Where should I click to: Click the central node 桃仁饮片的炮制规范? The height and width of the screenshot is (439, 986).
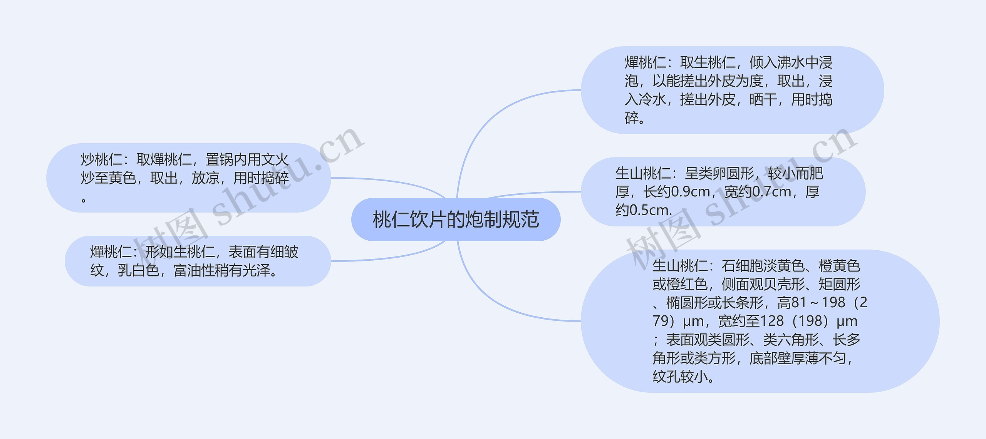[456, 219]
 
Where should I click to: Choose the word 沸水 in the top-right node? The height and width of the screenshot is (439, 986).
[791, 62]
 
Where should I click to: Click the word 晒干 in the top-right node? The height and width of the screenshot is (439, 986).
[763, 100]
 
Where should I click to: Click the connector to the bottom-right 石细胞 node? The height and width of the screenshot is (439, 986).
[501, 304]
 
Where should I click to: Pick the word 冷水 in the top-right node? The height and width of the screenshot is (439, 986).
[652, 100]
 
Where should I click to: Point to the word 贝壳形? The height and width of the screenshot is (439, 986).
[784, 284]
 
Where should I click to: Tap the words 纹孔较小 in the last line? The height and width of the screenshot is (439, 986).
[680, 377]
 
